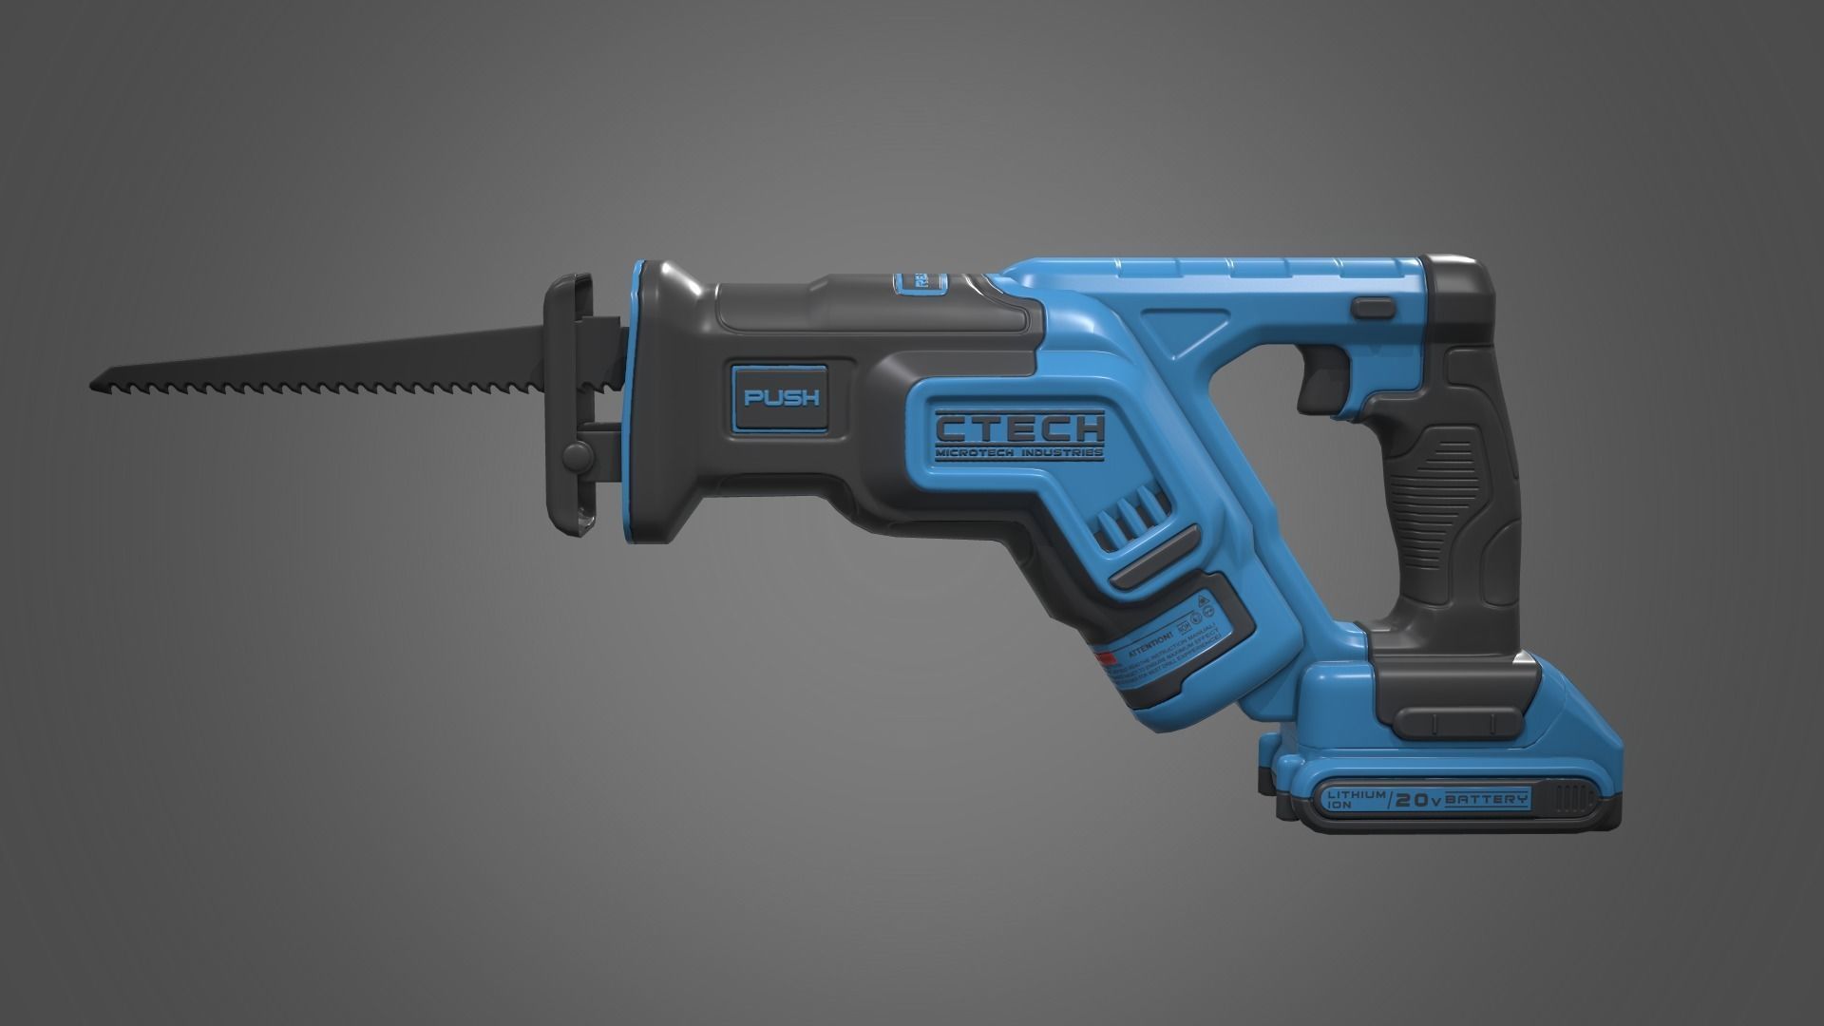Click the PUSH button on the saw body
pos(780,397)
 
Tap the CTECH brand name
pos(1019,428)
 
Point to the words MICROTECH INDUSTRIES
pos(1019,453)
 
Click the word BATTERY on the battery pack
pos(1488,773)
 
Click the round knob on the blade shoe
pos(576,455)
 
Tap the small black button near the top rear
pos(1373,307)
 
